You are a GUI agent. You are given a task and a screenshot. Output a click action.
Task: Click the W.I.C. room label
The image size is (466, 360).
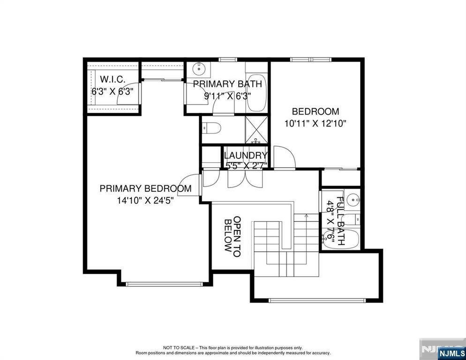(x=113, y=79)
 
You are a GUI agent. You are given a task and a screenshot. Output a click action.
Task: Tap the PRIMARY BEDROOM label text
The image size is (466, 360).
(x=145, y=188)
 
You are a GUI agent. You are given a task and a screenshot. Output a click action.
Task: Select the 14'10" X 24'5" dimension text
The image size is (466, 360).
(x=145, y=200)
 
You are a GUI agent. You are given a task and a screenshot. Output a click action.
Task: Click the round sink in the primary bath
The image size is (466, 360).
(x=198, y=69)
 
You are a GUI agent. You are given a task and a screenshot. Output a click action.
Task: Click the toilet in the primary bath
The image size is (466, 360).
(x=211, y=128)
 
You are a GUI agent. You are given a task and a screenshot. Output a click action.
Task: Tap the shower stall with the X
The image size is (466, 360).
(x=256, y=130)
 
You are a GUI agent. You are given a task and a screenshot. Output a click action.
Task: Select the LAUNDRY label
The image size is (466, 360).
(x=246, y=155)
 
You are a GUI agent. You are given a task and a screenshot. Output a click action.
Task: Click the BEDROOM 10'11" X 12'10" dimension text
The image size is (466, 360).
(x=316, y=123)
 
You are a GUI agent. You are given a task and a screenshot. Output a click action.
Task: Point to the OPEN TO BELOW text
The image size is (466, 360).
(x=233, y=236)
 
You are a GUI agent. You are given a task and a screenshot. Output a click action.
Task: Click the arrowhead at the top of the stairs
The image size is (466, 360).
(x=306, y=216)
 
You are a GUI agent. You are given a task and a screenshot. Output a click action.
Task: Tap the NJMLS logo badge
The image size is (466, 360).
(x=451, y=353)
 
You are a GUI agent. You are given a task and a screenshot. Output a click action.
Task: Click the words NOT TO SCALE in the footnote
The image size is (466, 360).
(x=179, y=348)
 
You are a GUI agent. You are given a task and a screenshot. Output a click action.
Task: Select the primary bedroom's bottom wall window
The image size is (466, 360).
(x=164, y=284)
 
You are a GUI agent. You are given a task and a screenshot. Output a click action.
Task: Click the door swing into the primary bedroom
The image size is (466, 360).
(x=190, y=184)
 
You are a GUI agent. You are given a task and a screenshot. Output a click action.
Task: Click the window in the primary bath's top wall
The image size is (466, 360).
(x=228, y=60)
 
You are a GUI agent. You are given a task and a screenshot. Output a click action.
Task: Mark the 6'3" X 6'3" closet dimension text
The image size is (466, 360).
(x=113, y=91)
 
